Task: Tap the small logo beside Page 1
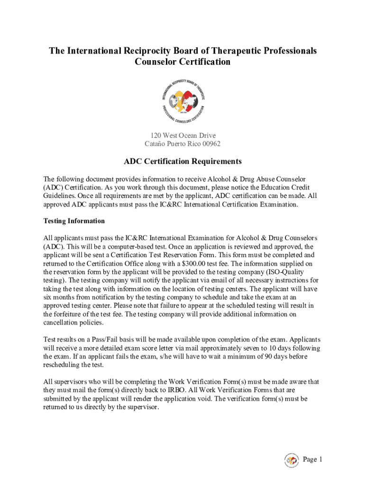tap(291, 460)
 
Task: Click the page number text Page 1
tap(312, 459)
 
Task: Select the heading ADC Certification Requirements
tap(182, 162)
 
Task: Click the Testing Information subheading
tap(74, 221)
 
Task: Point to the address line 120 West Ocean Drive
tap(182, 136)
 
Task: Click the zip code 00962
tap(210, 144)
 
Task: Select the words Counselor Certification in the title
tap(182, 62)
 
